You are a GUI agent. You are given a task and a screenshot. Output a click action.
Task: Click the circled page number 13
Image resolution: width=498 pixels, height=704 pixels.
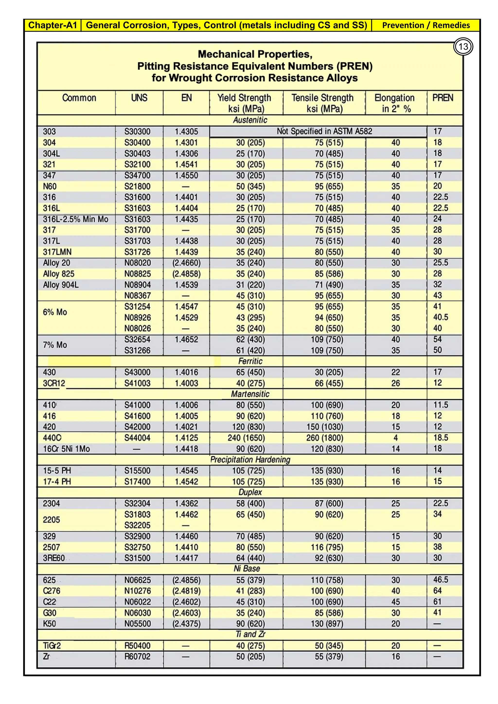[x=463, y=47]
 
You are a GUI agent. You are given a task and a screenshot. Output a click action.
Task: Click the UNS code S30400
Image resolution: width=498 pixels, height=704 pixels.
[x=137, y=143]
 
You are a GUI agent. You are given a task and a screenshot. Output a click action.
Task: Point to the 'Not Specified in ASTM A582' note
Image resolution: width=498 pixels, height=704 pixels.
[x=324, y=132]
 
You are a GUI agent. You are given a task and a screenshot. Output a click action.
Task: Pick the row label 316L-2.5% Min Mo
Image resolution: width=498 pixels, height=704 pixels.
[x=75, y=219]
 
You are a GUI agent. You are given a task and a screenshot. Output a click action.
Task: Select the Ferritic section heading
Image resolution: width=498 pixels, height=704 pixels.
[x=250, y=361]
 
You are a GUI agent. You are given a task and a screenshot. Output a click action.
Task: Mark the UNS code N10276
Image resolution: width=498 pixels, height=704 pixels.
[x=137, y=591]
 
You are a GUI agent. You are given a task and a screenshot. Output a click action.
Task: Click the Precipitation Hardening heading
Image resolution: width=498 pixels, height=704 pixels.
[x=250, y=460]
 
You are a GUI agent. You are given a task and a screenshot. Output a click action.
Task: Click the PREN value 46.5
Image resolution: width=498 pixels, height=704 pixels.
[x=440, y=580]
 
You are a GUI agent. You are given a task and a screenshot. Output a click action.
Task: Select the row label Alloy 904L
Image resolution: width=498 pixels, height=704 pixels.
[x=61, y=285]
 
